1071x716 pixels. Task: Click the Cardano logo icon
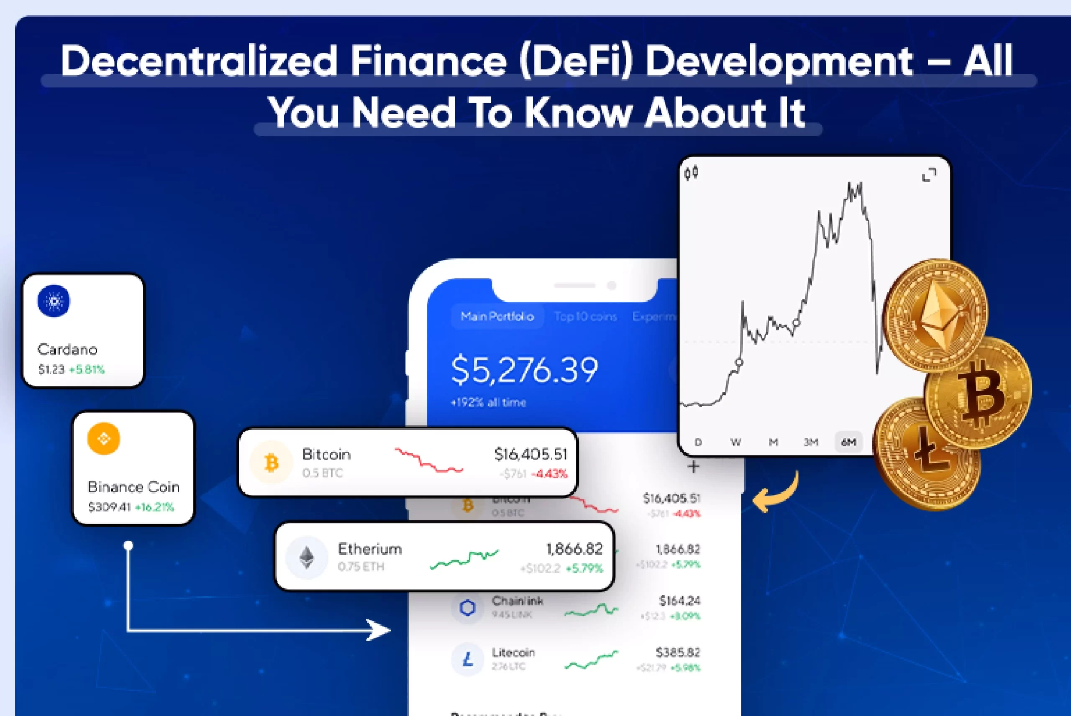pos(54,301)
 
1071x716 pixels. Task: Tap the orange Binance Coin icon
pos(104,439)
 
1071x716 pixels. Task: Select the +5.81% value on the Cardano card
pos(87,369)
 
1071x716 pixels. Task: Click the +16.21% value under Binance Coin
pos(154,507)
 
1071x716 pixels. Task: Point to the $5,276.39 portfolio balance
pos(524,369)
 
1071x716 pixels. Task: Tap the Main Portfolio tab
pos(497,317)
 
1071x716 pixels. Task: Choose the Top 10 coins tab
pos(586,317)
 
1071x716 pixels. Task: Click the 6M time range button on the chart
pos(848,442)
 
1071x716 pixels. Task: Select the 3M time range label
pos(811,442)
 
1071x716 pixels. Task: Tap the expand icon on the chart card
pos(929,174)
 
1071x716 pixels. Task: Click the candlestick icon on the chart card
pos(692,173)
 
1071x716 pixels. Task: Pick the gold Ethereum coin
pos(935,315)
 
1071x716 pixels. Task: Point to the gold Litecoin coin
pos(927,454)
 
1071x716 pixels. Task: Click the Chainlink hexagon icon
pos(467,608)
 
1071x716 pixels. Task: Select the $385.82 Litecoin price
pos(678,652)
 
